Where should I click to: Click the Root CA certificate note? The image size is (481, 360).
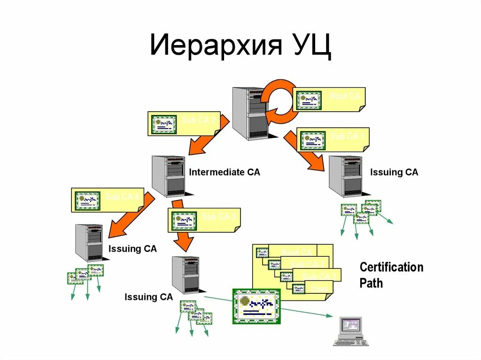pyautogui.click(x=329, y=99)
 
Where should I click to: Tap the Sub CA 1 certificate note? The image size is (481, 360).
pyautogui.click(x=334, y=139)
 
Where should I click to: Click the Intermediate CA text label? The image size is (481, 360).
pyautogui.click(x=224, y=172)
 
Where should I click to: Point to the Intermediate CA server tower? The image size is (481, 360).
pyautogui.click(x=168, y=176)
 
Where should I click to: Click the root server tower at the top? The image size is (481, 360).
pyautogui.click(x=249, y=113)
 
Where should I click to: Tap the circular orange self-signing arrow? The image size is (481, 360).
pyautogui.click(x=278, y=99)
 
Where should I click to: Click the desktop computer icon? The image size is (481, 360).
pyautogui.click(x=350, y=330)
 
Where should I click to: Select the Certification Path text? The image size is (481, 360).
pyautogui.click(x=391, y=275)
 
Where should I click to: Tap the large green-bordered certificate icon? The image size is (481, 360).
pyautogui.click(x=256, y=306)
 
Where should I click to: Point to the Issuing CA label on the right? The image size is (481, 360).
pyautogui.click(x=394, y=172)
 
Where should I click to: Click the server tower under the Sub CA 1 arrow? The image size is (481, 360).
pyautogui.click(x=345, y=176)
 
